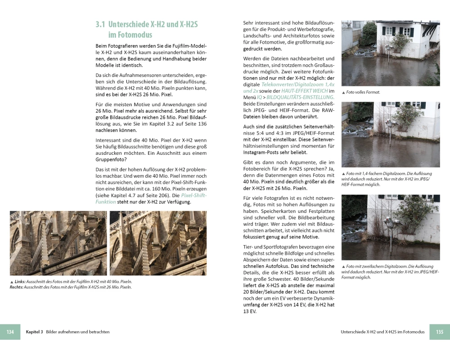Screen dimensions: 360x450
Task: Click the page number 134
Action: (10, 332)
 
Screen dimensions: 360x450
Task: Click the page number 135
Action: (440, 332)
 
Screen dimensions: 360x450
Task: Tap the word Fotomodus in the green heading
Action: (130, 35)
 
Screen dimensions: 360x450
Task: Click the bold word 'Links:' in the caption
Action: (20, 282)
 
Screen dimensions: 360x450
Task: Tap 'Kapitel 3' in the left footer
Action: (35, 332)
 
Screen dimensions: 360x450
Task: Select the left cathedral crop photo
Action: (58, 243)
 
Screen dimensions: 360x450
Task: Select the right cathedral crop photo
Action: (158, 243)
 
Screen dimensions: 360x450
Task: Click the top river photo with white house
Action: (391, 53)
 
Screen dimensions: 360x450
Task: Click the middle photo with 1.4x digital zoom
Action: (391, 135)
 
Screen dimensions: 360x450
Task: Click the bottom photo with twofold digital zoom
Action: (391, 227)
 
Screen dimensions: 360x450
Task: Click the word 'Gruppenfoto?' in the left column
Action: (111, 160)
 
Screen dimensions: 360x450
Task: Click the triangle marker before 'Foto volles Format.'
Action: (343, 93)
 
